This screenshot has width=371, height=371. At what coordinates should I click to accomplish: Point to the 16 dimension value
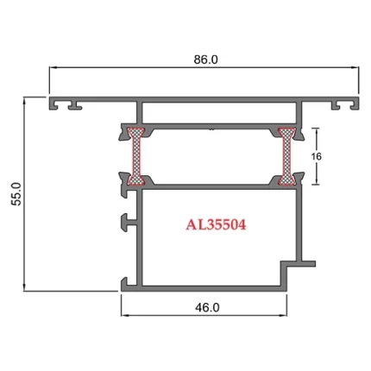click(x=316, y=156)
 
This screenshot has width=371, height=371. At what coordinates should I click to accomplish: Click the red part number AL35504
click(x=217, y=226)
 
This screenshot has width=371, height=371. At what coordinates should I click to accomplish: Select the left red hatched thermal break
click(x=135, y=156)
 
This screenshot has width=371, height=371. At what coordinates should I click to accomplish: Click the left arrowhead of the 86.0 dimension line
click(x=53, y=71)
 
